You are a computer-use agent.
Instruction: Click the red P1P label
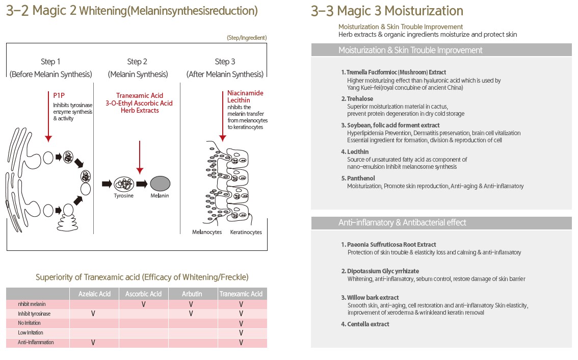click(59, 95)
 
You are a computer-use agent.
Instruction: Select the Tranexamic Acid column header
click(242, 294)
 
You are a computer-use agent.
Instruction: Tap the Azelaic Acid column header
click(94, 294)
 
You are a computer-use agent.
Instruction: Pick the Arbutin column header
click(192, 294)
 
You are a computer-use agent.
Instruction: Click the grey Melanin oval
click(160, 184)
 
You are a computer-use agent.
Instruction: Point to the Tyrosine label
click(123, 196)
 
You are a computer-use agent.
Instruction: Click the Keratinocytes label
click(246, 233)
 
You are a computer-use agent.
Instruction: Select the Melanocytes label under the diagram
click(207, 233)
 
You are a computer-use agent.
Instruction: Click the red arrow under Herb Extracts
click(139, 158)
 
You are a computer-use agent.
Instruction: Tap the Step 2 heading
click(137, 62)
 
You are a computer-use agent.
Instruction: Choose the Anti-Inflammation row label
click(36, 343)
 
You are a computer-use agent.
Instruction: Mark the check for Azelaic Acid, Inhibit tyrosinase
click(93, 314)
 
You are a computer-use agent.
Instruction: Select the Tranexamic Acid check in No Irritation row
click(241, 323)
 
